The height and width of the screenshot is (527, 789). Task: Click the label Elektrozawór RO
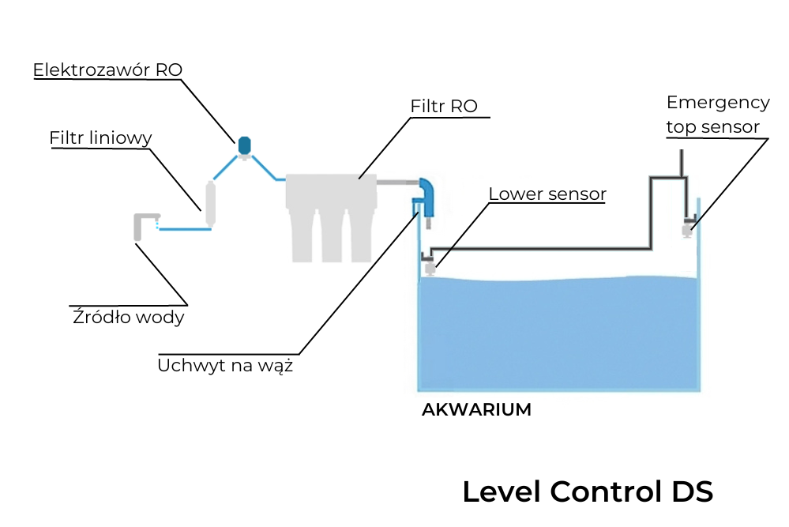pos(107,70)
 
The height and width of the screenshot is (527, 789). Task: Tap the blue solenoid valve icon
pos(244,145)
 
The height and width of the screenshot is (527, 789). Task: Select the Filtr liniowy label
pos(100,138)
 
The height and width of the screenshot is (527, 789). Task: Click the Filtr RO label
pos(444,106)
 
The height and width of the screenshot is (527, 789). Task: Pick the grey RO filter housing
pos(331,213)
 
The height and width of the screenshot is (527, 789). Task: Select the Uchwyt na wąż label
pos(225,366)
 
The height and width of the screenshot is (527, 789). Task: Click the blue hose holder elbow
pos(426,195)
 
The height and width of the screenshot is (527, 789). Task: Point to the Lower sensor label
pos(547,194)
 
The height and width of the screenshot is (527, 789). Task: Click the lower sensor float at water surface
pos(430,267)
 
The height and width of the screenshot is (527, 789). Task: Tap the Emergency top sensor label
pos(717,115)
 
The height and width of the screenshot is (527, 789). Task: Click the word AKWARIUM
pos(476,410)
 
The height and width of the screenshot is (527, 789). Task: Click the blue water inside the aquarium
pos(558,336)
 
